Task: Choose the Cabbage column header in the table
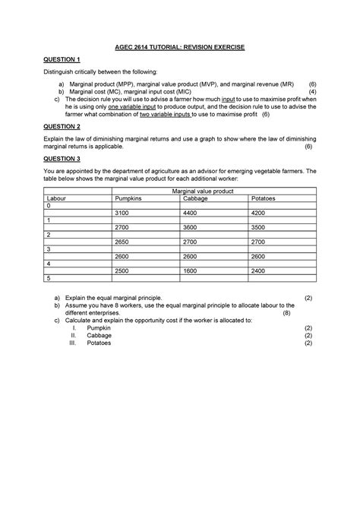point(195,198)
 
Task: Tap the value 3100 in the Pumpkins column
point(124,213)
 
